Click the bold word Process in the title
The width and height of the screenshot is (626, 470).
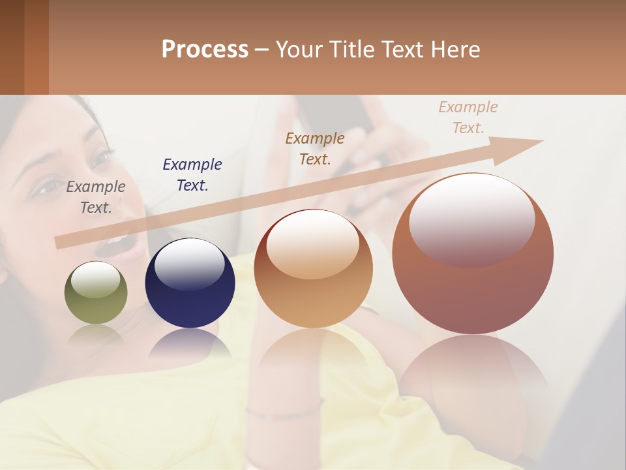(205, 50)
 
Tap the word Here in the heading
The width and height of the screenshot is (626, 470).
(454, 50)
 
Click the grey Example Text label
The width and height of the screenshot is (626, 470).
(96, 197)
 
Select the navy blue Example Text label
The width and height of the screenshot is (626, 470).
(192, 175)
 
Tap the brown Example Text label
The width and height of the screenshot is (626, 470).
(315, 148)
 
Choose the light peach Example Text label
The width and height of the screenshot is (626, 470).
(468, 117)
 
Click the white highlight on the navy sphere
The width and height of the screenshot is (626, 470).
(189, 264)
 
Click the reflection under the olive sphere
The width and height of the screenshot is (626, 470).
(96, 334)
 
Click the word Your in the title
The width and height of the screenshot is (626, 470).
(297, 50)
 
